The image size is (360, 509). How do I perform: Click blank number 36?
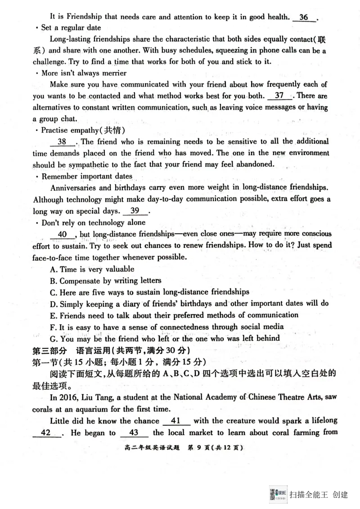[304, 18]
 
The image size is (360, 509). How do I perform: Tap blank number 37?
[279, 96]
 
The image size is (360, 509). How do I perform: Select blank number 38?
[62, 142]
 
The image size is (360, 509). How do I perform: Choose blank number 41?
[175, 421]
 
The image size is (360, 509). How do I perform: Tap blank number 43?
[134, 433]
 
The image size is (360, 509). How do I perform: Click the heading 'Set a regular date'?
[71, 28]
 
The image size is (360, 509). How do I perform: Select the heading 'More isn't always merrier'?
[84, 73]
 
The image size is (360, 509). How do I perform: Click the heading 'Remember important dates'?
[86, 176]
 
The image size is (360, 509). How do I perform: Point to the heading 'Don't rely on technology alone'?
[93, 223]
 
